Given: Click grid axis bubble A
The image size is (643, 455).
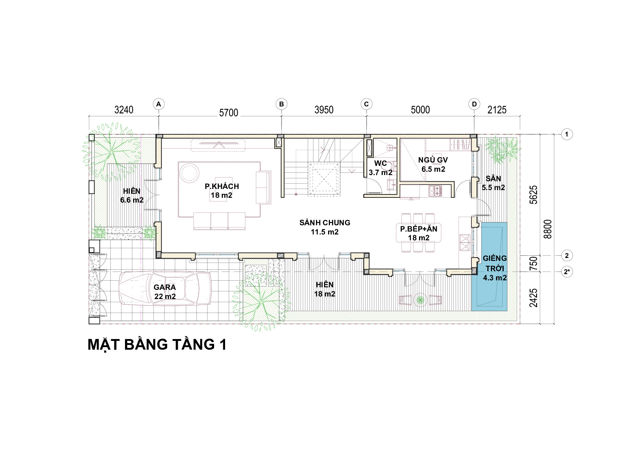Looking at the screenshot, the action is click(x=158, y=104).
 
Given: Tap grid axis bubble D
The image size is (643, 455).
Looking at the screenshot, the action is click(x=474, y=104).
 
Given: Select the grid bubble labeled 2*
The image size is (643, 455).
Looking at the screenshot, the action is click(x=567, y=272).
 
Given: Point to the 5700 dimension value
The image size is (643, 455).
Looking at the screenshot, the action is click(x=229, y=112).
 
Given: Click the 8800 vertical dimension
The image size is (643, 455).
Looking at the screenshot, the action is click(x=548, y=229).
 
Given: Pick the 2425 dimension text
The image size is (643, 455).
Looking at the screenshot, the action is click(x=534, y=298).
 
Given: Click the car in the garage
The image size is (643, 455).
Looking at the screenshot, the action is click(x=165, y=288).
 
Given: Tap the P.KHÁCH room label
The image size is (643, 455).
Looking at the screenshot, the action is click(x=222, y=186).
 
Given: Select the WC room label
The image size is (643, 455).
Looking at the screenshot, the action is click(x=381, y=163).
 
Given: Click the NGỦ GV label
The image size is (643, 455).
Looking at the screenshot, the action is click(x=433, y=160).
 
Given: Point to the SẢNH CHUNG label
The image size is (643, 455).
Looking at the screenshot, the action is click(x=325, y=223).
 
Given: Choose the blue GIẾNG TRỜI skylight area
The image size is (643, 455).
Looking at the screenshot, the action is click(x=489, y=267).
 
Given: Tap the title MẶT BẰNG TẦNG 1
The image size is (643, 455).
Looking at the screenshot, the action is click(x=157, y=345).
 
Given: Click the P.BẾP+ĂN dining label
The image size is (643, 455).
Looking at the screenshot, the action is click(x=419, y=229).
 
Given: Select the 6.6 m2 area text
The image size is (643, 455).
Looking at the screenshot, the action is click(x=132, y=200).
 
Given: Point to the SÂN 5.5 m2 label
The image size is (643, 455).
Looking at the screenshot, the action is click(x=493, y=183).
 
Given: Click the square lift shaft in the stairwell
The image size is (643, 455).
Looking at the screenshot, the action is click(x=323, y=179).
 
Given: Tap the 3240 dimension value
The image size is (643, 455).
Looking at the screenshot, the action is click(x=124, y=110).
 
